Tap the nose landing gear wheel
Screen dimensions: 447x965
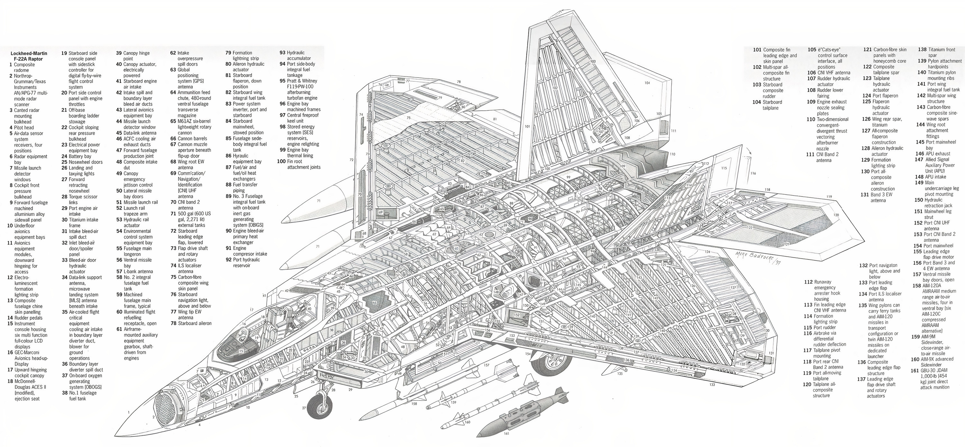point(322,406)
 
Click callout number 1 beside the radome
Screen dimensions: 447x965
point(128,412)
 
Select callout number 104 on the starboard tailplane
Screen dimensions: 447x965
point(647,83)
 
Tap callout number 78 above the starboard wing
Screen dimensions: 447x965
point(458,82)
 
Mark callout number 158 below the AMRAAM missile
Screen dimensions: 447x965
point(414,404)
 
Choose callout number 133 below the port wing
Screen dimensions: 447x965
point(712,385)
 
